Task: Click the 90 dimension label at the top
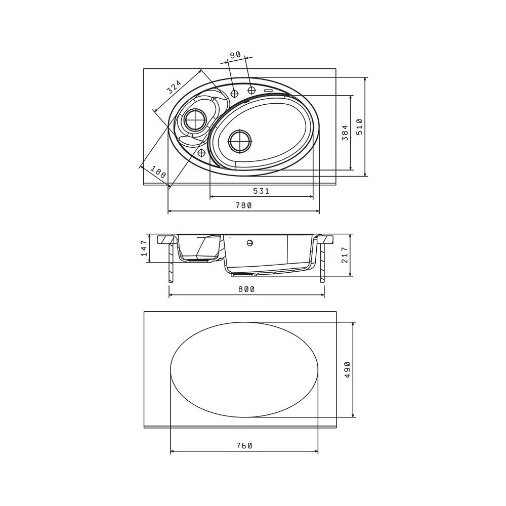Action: pos(235,55)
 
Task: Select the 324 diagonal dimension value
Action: pos(174,87)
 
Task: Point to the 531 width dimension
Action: pos(261,191)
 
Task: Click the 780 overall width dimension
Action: pos(244,205)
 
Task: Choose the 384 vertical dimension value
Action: pos(345,133)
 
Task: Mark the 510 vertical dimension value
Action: pos(360,127)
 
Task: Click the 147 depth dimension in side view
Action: pos(144,248)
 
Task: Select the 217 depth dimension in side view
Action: pos(345,255)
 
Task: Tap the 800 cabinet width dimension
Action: pos(246,289)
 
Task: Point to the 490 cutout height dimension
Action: pos(347,370)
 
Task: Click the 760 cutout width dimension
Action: pos(244,446)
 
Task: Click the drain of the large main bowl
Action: pos(240,141)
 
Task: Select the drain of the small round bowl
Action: pos(195,119)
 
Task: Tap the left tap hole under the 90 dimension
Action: pos(235,93)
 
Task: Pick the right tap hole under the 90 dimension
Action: pos(251,90)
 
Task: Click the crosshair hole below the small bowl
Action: pos(202,152)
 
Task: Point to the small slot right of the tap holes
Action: pos(269,91)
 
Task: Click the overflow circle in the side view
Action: pos(249,243)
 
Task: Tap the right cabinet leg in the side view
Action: pos(322,263)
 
